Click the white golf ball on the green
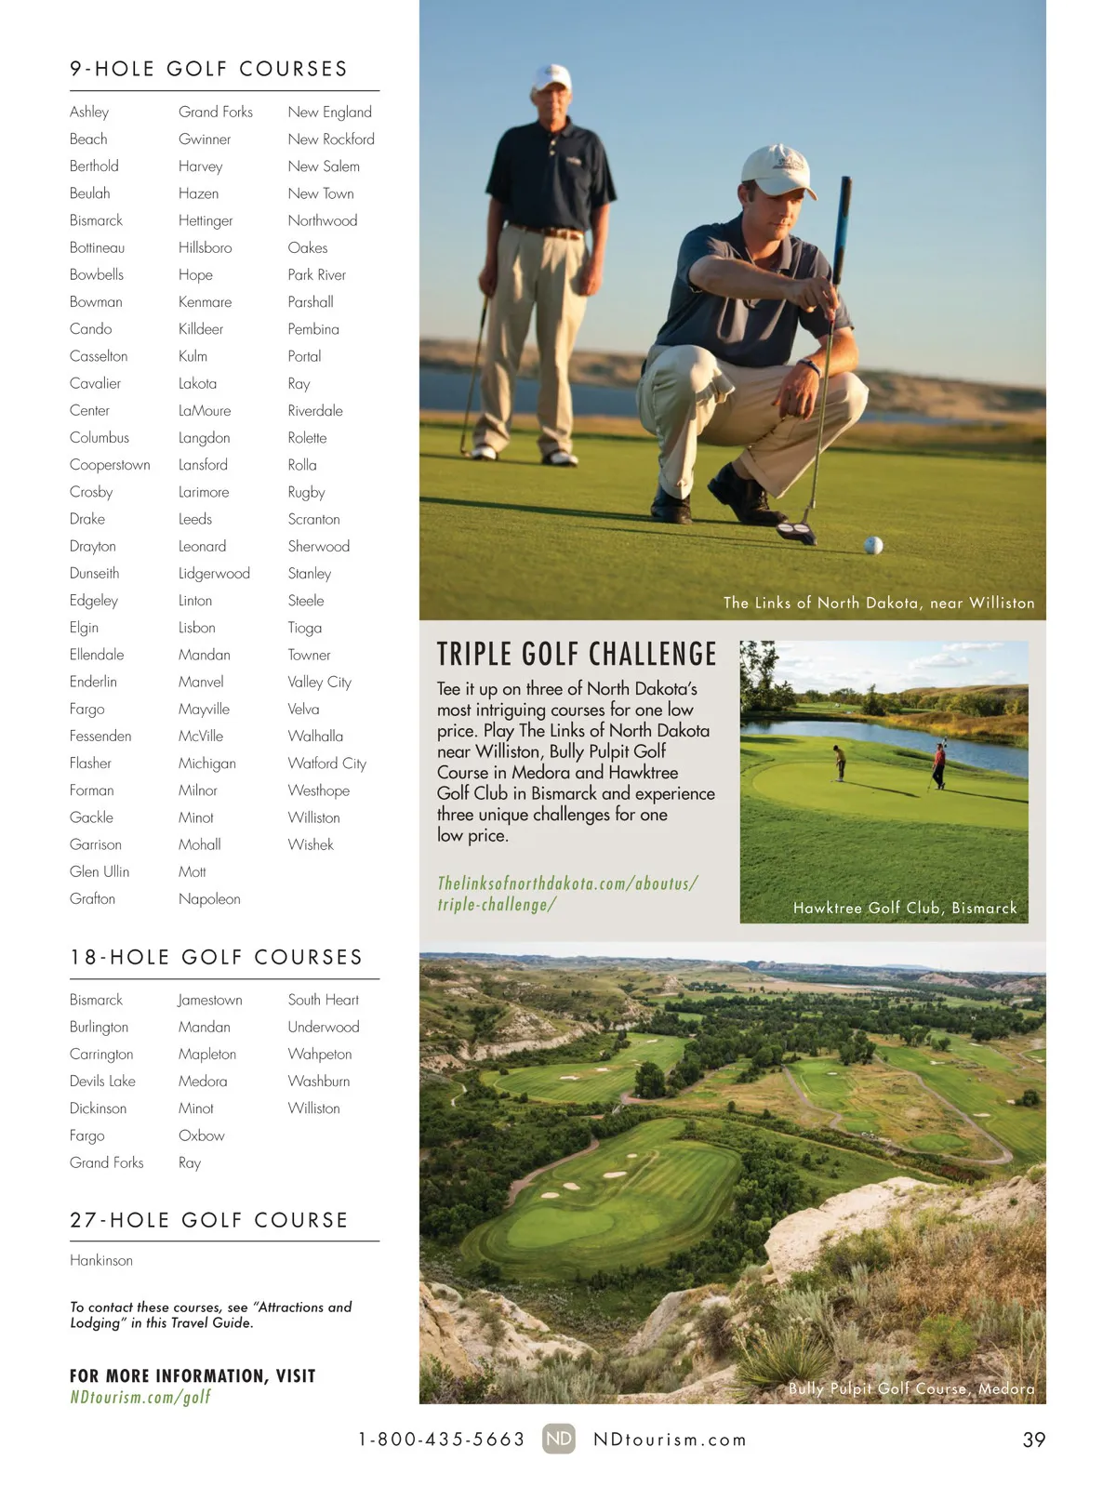[873, 545]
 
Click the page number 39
[1033, 1440]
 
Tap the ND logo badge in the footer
[559, 1439]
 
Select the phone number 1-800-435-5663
[442, 1440]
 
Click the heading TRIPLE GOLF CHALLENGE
[577, 655]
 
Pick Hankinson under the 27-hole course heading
[101, 1260]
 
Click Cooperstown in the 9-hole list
[110, 465]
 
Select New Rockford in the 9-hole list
[331, 139]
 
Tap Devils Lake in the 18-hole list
[102, 1081]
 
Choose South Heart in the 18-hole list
[323, 1000]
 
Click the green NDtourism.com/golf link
[140, 1397]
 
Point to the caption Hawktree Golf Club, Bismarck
[905, 908]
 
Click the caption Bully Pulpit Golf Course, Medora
[911, 1388]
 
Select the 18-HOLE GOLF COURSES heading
[217, 957]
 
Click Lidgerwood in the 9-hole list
[214, 574]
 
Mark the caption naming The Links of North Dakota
[879, 603]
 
